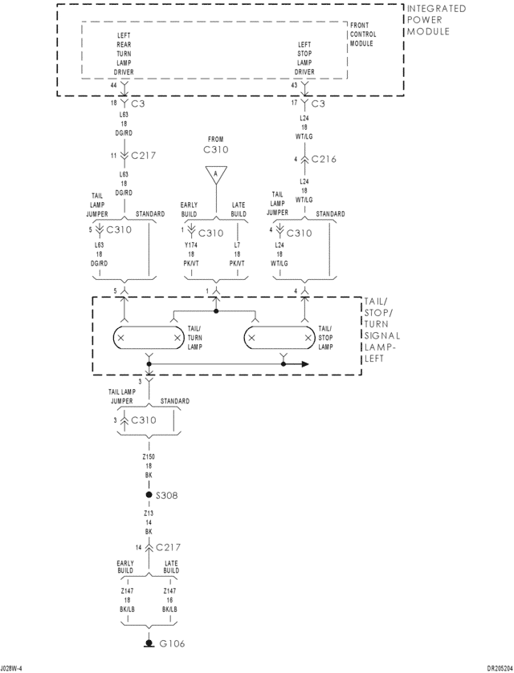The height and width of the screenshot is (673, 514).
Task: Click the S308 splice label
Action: [167, 496]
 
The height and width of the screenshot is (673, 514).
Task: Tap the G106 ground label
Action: [173, 643]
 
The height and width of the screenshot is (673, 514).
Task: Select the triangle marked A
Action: [215, 173]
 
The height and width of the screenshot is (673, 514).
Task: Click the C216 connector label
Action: [323, 159]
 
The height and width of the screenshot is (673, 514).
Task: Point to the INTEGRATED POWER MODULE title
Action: [435, 20]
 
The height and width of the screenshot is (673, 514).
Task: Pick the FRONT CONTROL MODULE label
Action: [362, 34]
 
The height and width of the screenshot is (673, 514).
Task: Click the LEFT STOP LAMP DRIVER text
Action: [305, 58]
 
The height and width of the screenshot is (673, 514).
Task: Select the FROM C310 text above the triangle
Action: [215, 144]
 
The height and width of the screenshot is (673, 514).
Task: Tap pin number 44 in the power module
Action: [113, 85]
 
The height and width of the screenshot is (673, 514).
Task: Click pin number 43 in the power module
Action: [294, 85]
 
